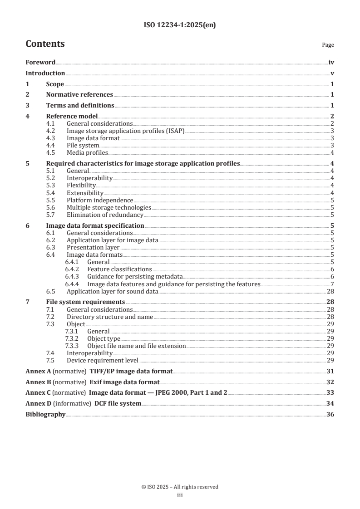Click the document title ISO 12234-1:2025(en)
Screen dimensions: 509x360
pos(180,25)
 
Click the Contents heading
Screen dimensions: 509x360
pos(45,44)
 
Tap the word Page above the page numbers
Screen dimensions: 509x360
pos(328,45)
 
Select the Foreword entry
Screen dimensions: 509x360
pos(40,62)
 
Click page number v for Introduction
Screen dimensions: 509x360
pos(332,73)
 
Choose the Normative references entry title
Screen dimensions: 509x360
pos(79,95)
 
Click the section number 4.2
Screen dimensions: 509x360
pos(53,131)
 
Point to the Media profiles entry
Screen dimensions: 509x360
pos(87,152)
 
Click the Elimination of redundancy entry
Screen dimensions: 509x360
pos(105,215)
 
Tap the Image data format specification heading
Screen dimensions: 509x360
pos(95,225)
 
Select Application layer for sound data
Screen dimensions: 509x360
pos(112,291)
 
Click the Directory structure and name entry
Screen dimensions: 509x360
pos(110,317)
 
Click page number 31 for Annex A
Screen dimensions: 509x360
pos(331,371)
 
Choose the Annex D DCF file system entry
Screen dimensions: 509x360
pos(84,404)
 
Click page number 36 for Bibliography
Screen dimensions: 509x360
pos(331,415)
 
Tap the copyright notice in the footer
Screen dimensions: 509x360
pos(180,487)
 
